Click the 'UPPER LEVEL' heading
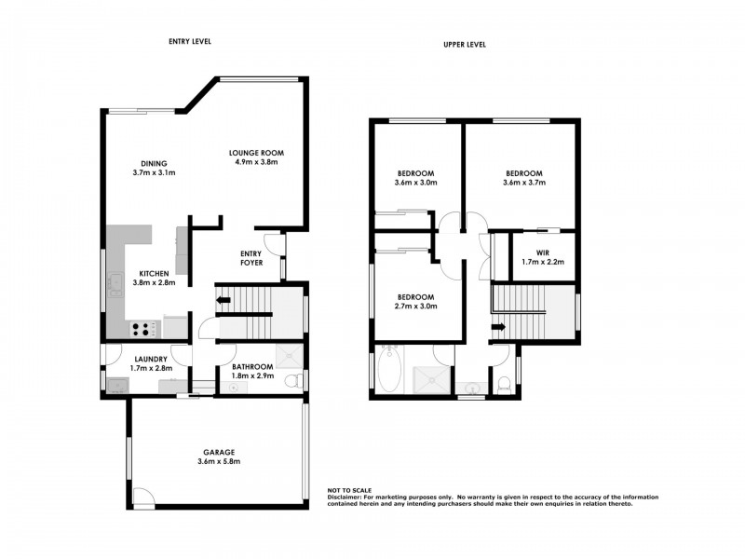pos(464,44)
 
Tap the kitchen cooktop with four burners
pos(143,328)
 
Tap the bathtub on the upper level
pos(389,370)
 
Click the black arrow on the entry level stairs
pos(223,300)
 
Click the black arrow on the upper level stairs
pos(498,326)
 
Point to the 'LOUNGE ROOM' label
pos(257,153)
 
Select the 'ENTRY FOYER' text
pos(251,258)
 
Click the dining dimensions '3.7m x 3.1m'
pos(155,172)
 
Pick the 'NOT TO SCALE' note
pos(349,490)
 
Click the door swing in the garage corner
pos(142,496)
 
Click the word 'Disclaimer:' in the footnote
pos(345,498)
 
